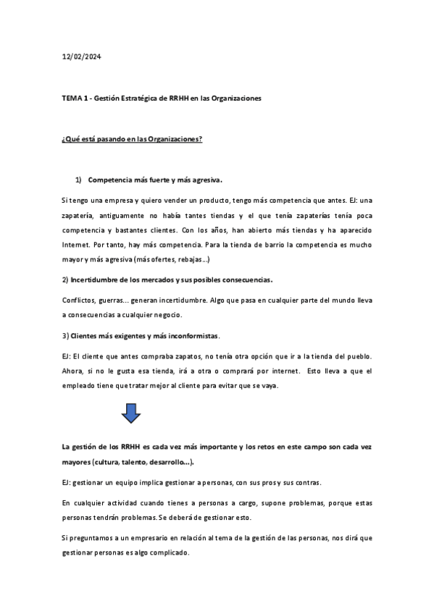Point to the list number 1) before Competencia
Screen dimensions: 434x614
(79, 180)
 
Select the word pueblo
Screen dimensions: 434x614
(357, 356)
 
